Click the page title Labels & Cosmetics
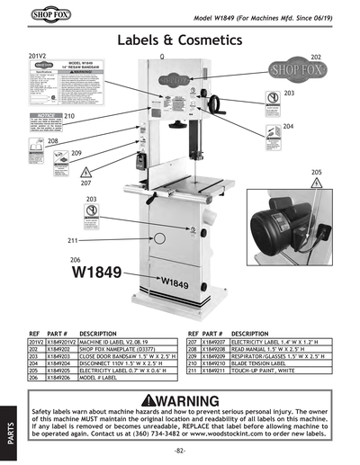179,41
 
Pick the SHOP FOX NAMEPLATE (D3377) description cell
116,349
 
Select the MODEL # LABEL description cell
100,370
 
